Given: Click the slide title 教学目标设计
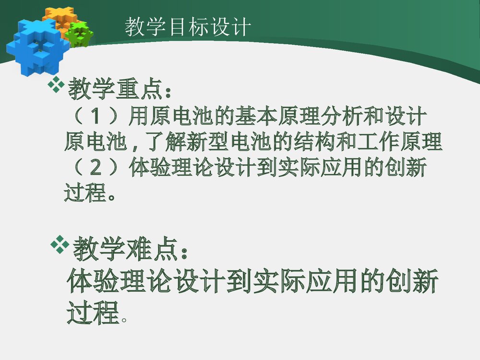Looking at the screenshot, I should (188, 27).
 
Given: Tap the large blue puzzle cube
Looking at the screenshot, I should (34, 46).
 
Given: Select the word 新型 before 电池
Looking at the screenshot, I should (206, 143).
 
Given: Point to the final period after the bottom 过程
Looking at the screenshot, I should (125, 318).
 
